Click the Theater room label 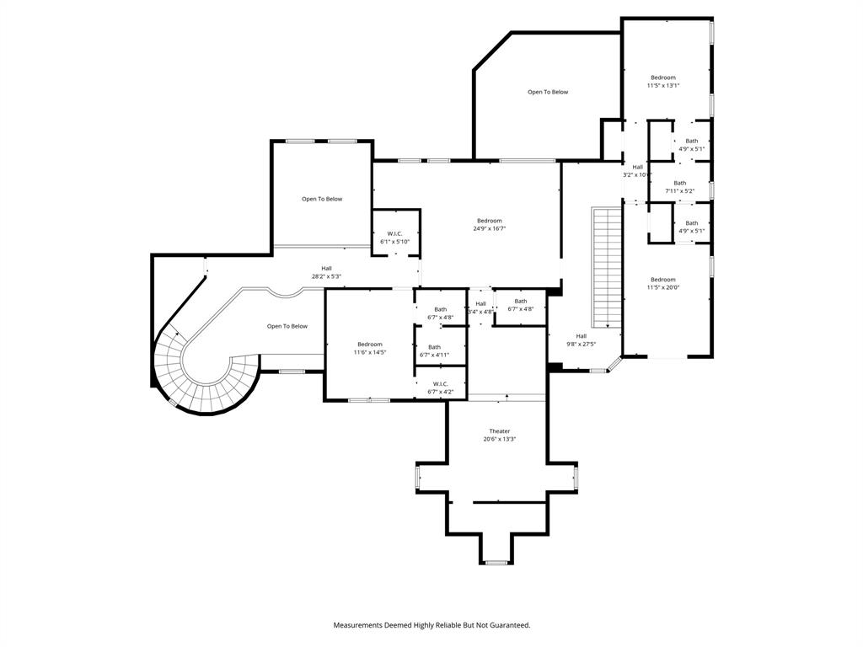coord(500,431)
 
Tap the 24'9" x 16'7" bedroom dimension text coord(490,228)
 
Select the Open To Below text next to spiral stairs coord(287,326)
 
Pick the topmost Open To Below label coord(548,92)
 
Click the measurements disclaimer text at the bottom coord(431,625)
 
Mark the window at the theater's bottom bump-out coord(496,562)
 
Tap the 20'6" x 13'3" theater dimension coord(500,439)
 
